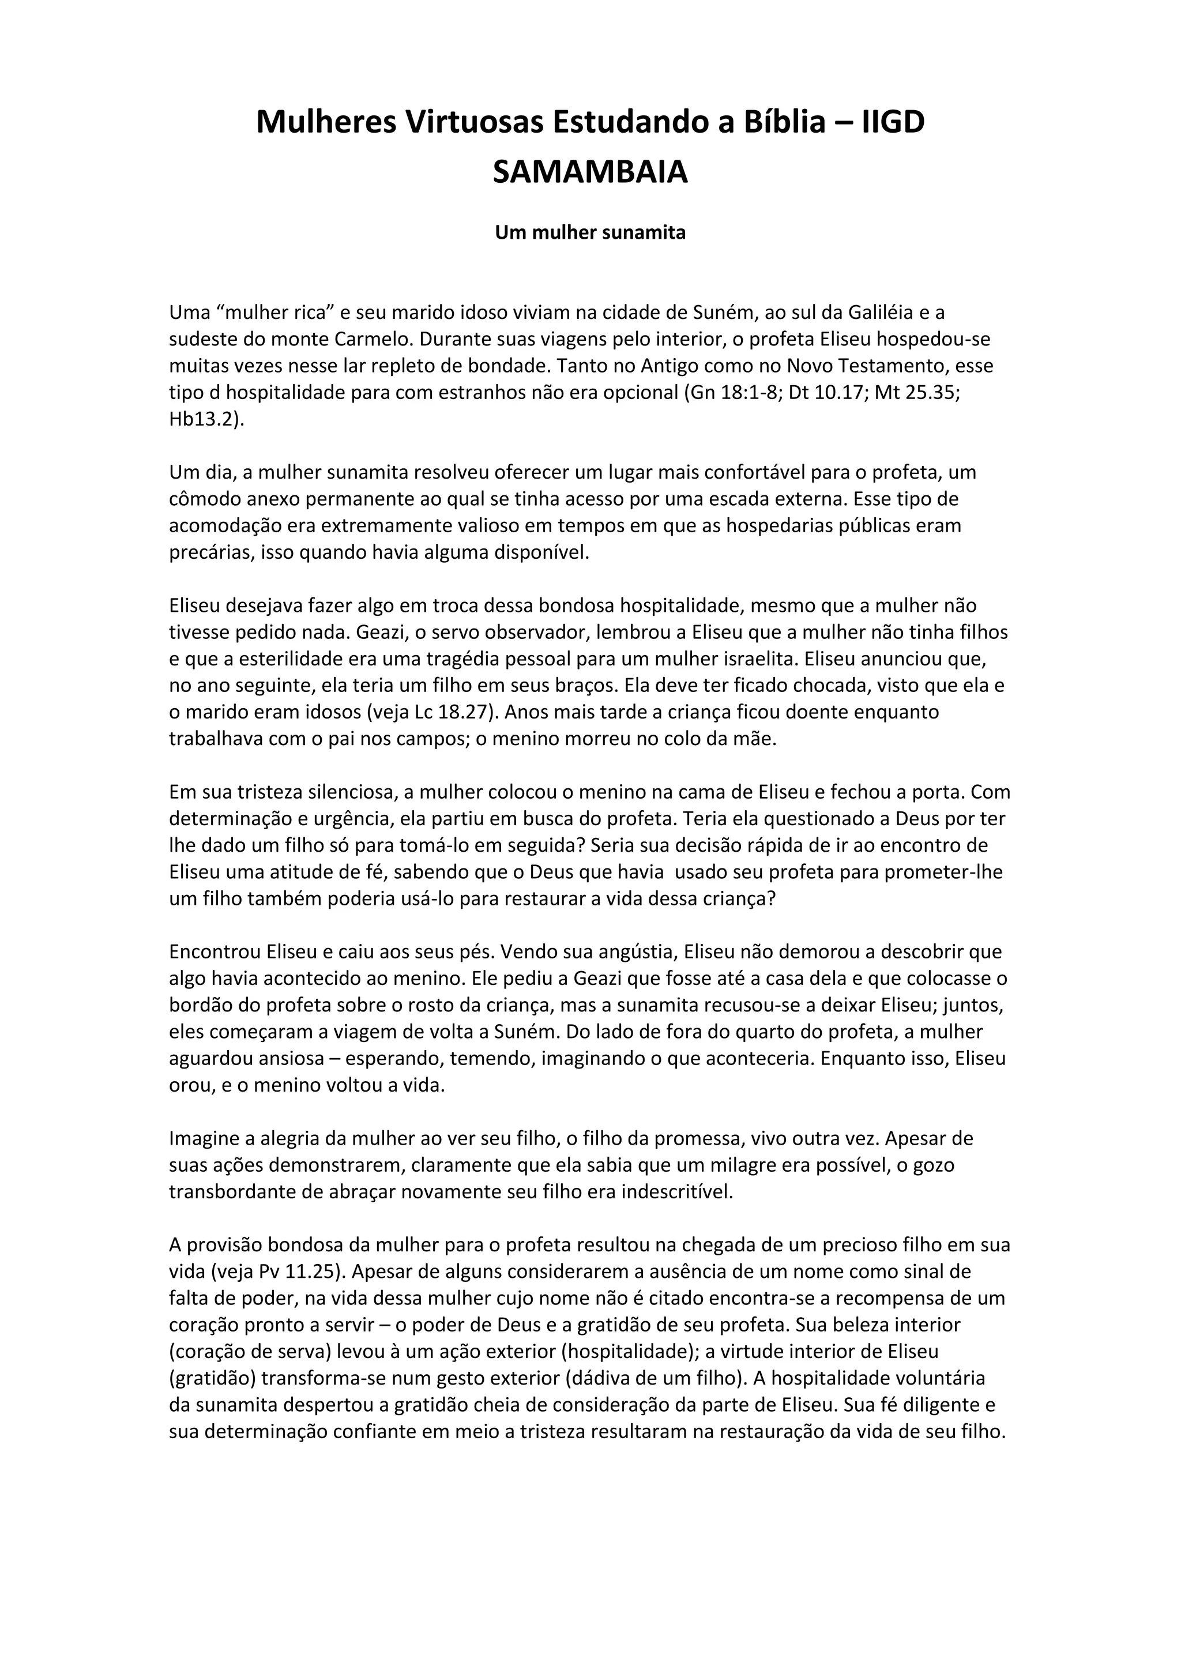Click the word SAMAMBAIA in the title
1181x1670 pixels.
590,173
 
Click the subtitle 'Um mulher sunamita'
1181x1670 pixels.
590,233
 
